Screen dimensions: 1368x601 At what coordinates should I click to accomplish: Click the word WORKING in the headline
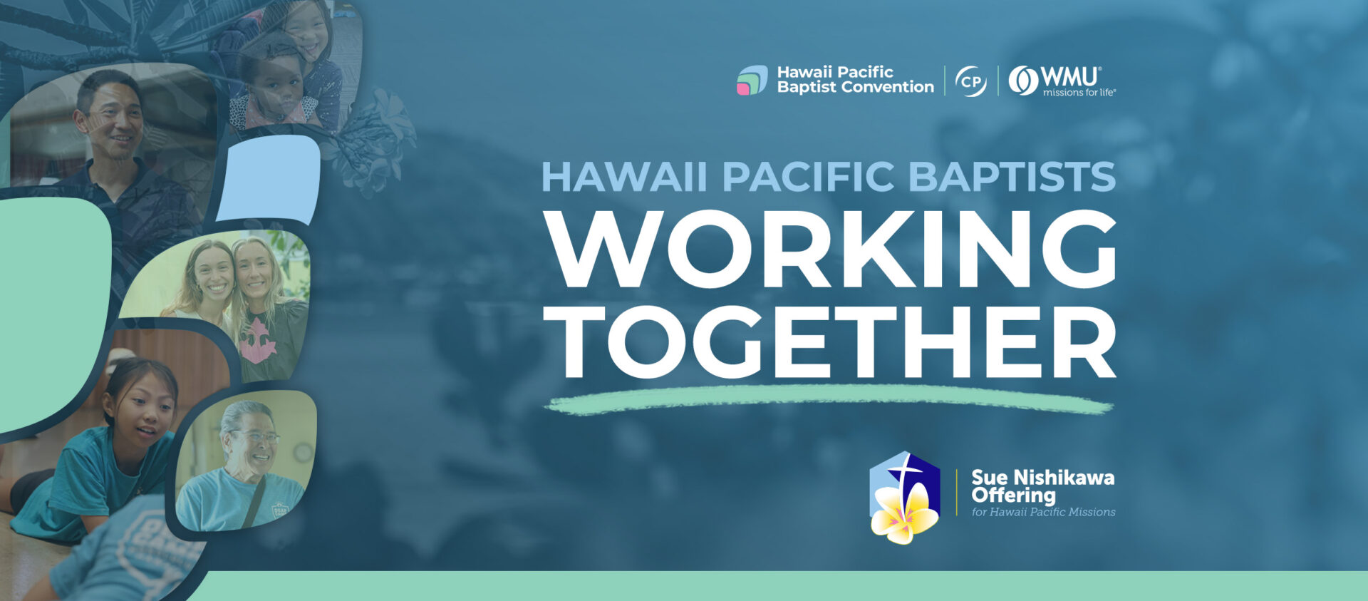click(x=831, y=248)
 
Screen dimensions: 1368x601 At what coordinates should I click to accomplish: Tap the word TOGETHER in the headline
click(x=831, y=342)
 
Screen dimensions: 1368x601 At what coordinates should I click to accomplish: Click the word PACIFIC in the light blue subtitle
click(x=808, y=177)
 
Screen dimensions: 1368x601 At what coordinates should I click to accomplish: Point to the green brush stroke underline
click(x=828, y=399)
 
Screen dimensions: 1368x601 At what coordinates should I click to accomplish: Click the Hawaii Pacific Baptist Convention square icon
click(x=752, y=80)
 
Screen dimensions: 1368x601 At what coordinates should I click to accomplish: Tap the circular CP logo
click(x=970, y=81)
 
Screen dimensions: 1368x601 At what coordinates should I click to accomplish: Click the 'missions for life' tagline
click(x=1079, y=93)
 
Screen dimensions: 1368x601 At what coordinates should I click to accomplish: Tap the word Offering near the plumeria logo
click(x=1013, y=495)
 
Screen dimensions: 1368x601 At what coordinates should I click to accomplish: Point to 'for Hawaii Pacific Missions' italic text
click(x=1043, y=512)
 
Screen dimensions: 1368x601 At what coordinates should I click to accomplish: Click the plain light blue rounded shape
click(x=268, y=179)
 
